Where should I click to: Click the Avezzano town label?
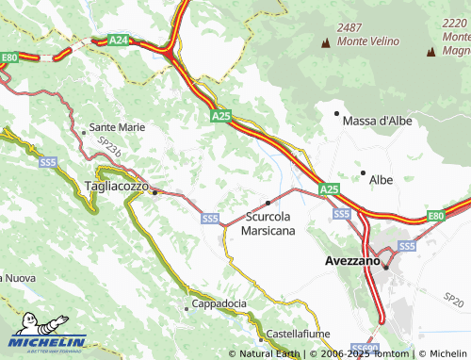point(351,258)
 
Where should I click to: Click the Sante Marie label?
point(117,126)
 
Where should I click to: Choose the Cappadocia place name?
point(219,303)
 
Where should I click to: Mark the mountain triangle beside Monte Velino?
point(327,42)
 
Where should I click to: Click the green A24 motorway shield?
point(119,40)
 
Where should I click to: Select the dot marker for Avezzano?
point(386,267)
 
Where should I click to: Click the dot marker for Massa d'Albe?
point(336,113)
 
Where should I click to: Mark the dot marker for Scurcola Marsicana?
point(268,203)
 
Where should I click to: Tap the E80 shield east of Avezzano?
point(434,217)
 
